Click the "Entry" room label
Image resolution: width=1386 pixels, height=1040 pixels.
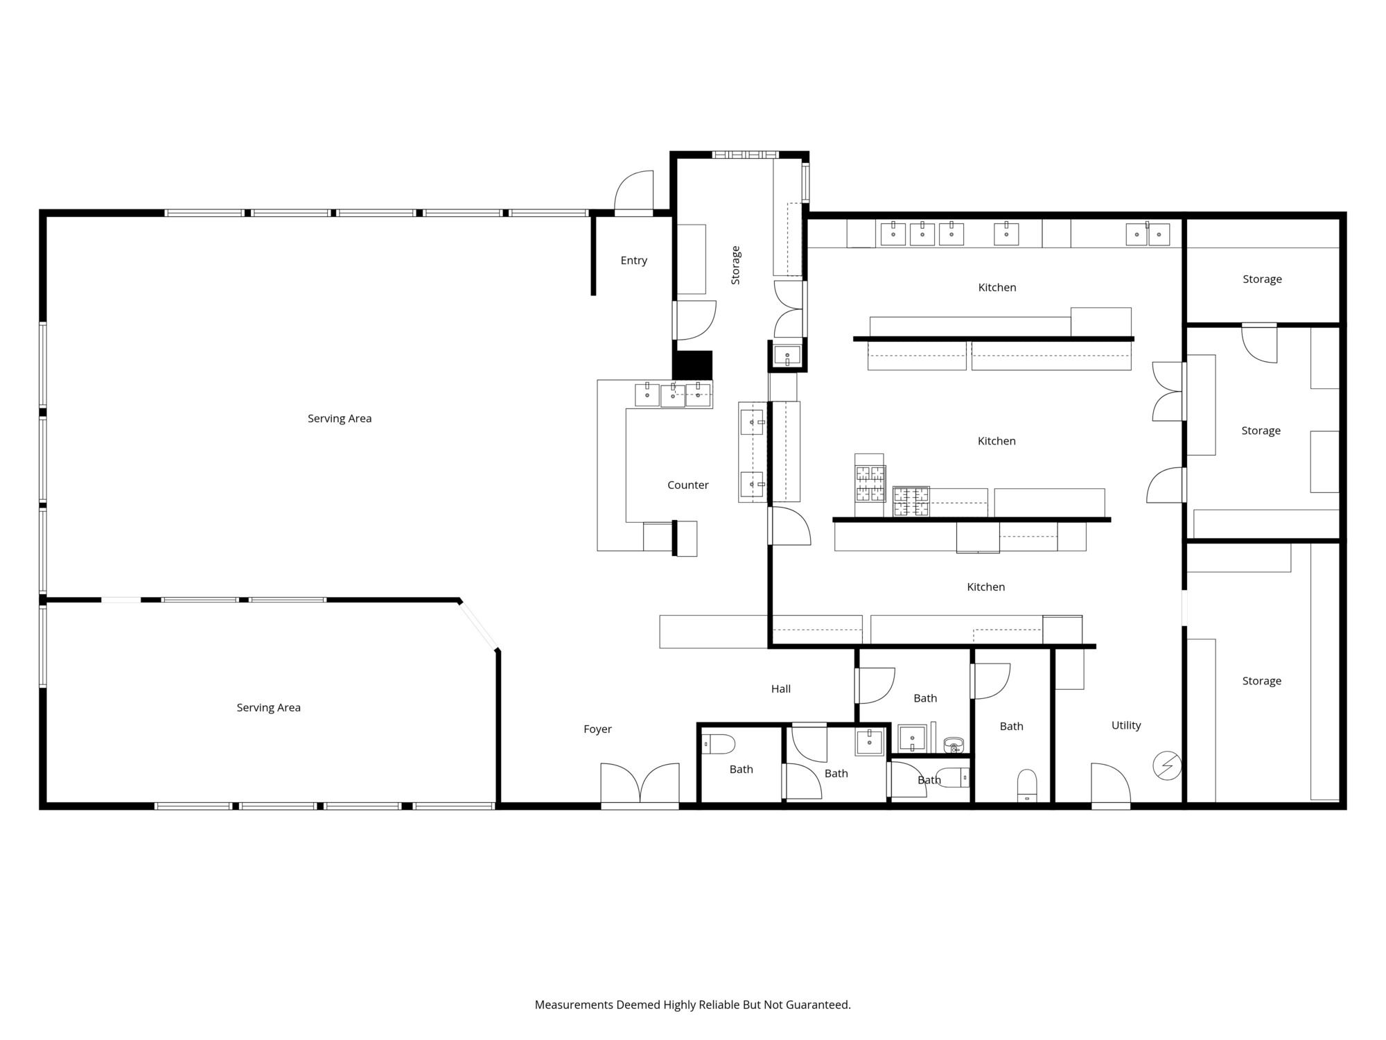click(x=633, y=261)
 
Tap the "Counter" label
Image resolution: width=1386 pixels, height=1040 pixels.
click(x=687, y=485)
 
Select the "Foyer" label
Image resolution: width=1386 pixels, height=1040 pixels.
click(x=597, y=729)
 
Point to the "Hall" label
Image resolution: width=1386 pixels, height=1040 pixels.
click(x=781, y=689)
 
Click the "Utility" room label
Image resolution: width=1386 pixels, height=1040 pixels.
click(x=1126, y=726)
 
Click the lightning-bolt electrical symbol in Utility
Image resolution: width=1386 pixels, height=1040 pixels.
click(x=1167, y=765)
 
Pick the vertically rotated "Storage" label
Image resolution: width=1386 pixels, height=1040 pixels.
click(x=735, y=265)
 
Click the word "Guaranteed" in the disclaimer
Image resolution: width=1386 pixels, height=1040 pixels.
click(x=819, y=1005)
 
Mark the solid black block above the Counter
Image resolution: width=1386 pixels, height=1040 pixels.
click(x=692, y=365)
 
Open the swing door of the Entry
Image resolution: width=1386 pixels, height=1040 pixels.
click(x=634, y=192)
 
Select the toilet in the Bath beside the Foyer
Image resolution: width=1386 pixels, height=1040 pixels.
click(x=718, y=745)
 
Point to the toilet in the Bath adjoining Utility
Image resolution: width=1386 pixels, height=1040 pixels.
click(x=1027, y=786)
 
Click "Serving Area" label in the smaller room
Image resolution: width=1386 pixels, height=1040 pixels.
click(x=269, y=708)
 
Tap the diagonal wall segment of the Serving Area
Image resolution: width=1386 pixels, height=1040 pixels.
click(x=478, y=625)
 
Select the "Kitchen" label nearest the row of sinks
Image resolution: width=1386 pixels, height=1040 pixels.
click(x=997, y=288)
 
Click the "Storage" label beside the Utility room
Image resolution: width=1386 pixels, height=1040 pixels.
click(x=1261, y=682)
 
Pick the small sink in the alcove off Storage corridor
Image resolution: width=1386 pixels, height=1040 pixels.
click(x=787, y=356)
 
